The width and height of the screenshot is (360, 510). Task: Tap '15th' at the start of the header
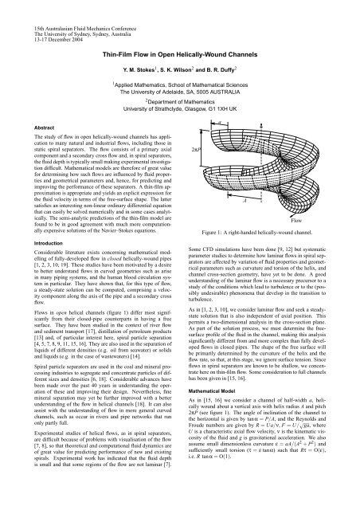13,7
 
